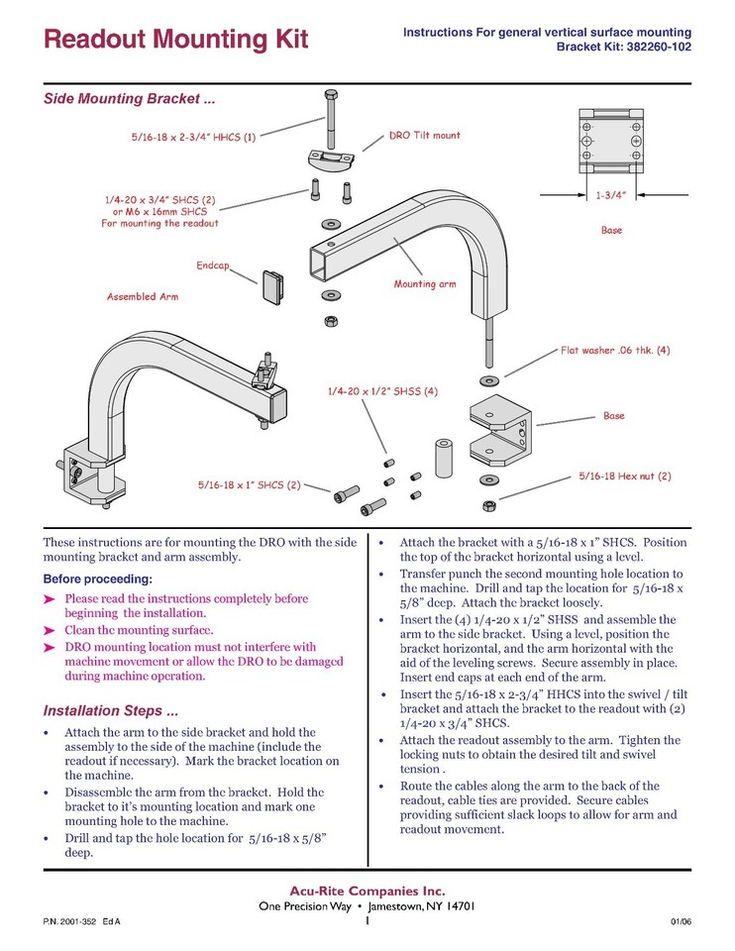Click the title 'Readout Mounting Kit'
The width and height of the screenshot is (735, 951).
point(176,40)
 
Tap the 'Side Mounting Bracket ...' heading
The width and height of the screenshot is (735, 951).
point(129,100)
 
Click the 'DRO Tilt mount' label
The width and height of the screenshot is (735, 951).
point(424,135)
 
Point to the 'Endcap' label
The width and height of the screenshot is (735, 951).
point(214,265)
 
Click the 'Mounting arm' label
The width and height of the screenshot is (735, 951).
point(425,284)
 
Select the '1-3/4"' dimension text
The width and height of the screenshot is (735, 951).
point(610,196)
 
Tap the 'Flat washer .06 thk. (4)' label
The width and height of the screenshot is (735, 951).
point(615,350)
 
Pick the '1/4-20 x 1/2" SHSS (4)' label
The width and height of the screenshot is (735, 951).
point(381,391)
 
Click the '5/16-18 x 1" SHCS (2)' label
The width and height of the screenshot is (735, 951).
point(249,485)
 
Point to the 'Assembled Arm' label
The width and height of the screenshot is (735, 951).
point(144,296)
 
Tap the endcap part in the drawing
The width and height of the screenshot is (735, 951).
point(273,286)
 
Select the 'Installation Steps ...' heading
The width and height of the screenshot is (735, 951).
point(111,711)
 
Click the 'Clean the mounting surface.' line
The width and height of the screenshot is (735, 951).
point(138,630)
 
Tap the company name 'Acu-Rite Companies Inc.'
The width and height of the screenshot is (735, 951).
point(367,890)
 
